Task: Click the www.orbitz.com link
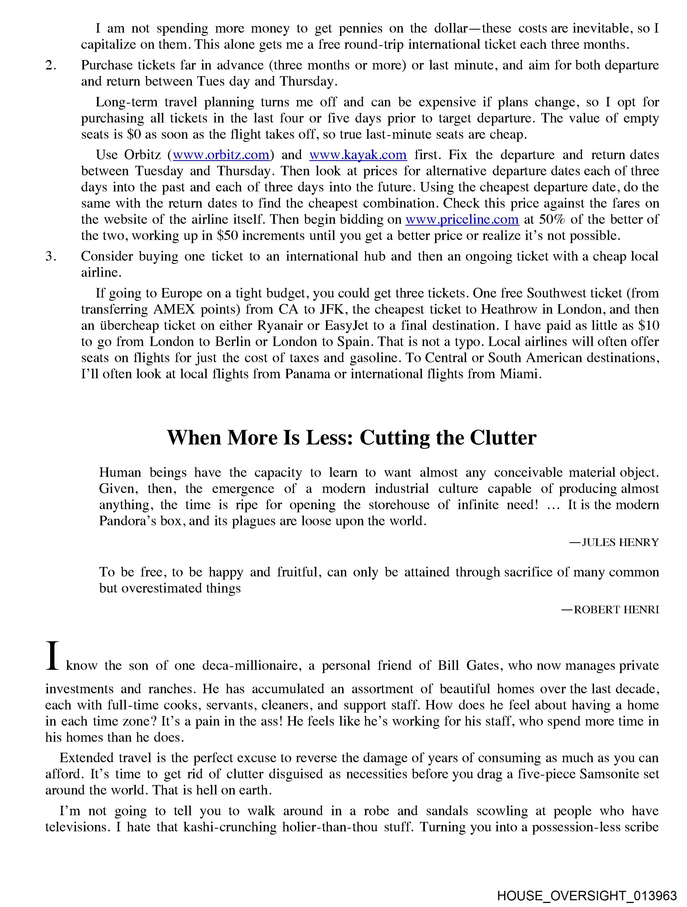coord(221,155)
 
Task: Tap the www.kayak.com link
coord(358,155)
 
